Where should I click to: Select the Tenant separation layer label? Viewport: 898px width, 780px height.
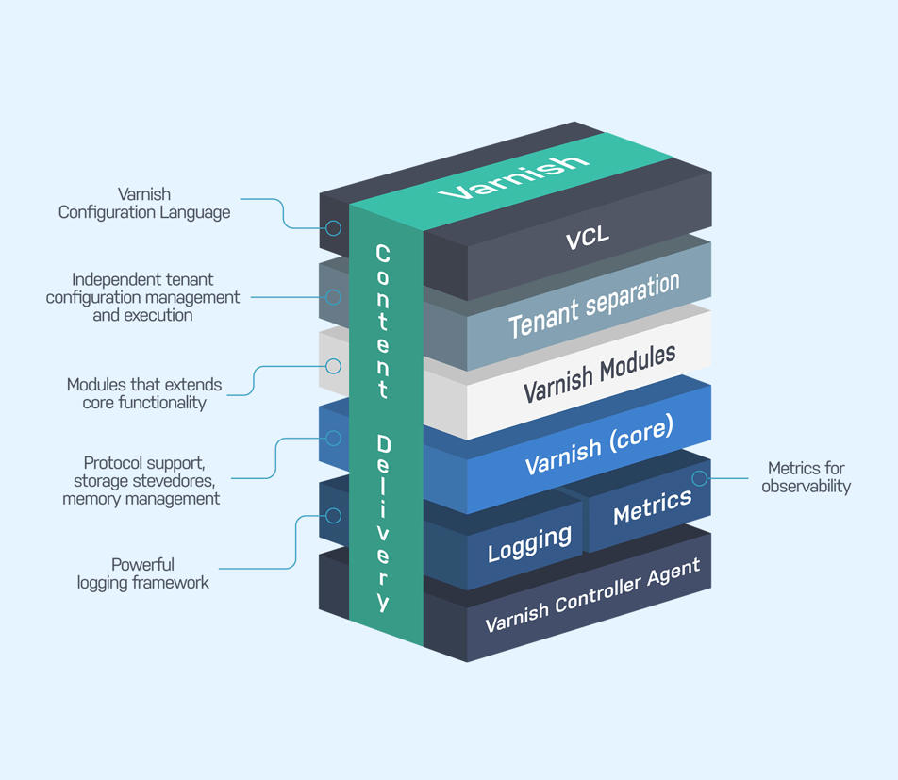point(594,306)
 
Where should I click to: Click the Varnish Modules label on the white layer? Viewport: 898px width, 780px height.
point(599,373)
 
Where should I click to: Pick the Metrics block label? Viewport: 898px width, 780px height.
point(652,507)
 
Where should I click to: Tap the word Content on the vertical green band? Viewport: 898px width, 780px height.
point(382,321)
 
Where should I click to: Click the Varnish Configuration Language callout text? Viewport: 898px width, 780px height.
point(144,204)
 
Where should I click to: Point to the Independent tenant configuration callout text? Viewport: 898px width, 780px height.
point(142,297)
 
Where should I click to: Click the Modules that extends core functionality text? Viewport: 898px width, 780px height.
point(143,393)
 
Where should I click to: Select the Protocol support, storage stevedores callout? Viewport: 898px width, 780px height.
point(141,480)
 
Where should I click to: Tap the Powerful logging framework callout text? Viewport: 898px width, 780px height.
point(143,573)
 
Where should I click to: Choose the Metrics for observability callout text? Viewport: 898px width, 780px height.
point(806,477)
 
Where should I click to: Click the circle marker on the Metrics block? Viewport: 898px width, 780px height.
point(699,478)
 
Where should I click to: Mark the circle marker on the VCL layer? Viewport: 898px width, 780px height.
point(333,227)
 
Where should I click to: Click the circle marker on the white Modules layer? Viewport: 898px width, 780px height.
point(333,366)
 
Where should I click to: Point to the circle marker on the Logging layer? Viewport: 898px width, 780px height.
point(333,515)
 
